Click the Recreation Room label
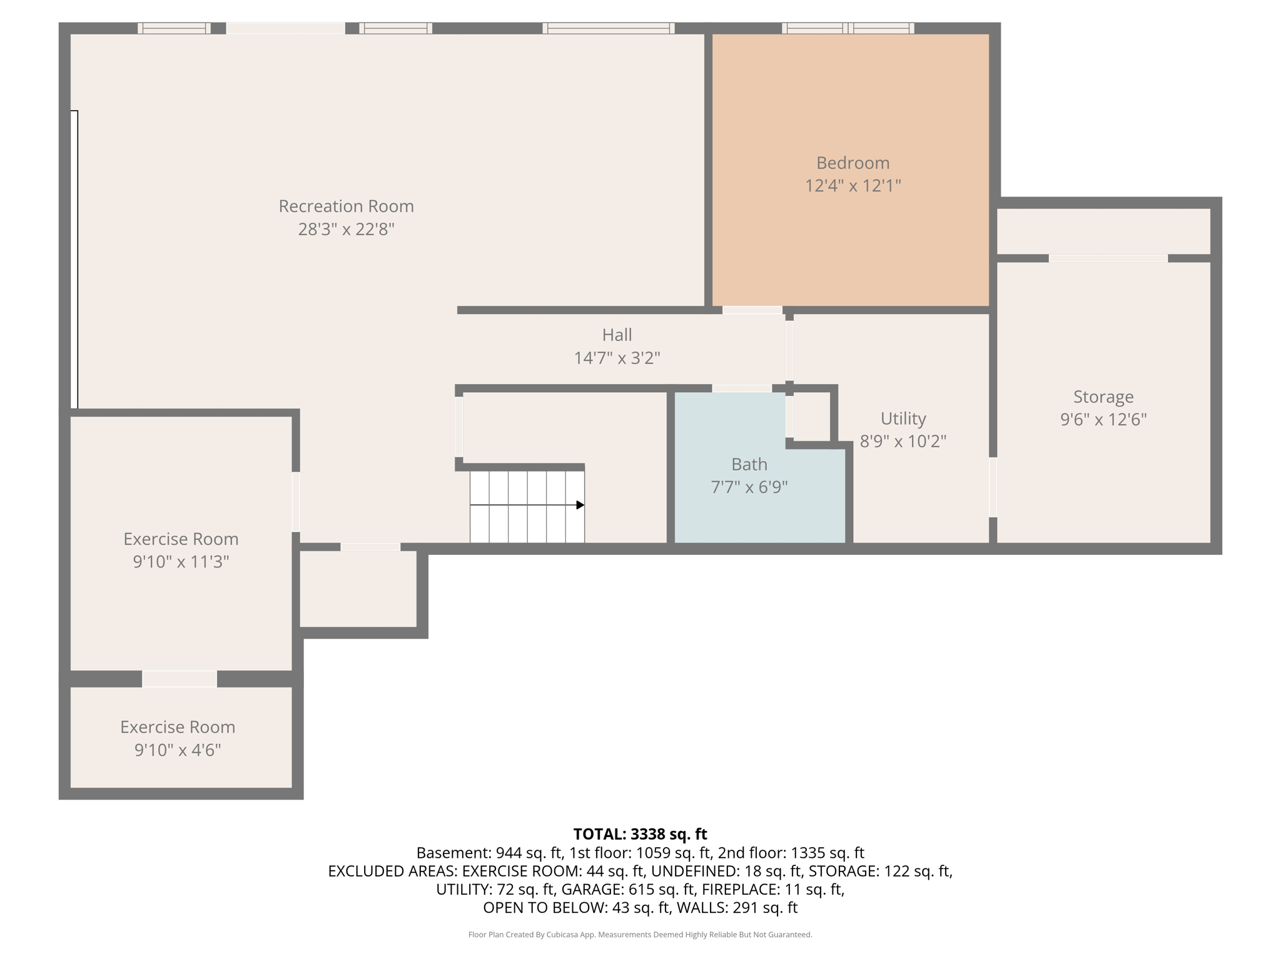[x=346, y=206]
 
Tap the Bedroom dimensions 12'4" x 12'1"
[x=853, y=186]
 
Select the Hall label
[x=617, y=335]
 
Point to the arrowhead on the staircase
[x=580, y=505]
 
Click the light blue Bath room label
[x=749, y=464]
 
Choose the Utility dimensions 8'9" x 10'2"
[x=903, y=442]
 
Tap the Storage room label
[x=1103, y=397]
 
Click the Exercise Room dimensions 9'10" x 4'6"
[x=178, y=750]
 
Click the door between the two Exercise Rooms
[x=180, y=679]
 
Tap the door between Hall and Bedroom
[x=752, y=310]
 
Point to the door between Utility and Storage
[x=993, y=487]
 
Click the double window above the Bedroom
[x=848, y=28]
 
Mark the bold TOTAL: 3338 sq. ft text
[x=640, y=834]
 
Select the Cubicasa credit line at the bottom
[x=640, y=935]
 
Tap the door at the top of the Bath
[x=742, y=389]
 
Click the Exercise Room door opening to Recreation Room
[x=296, y=502]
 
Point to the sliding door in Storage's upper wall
[x=1108, y=258]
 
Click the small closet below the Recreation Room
[x=358, y=589]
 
